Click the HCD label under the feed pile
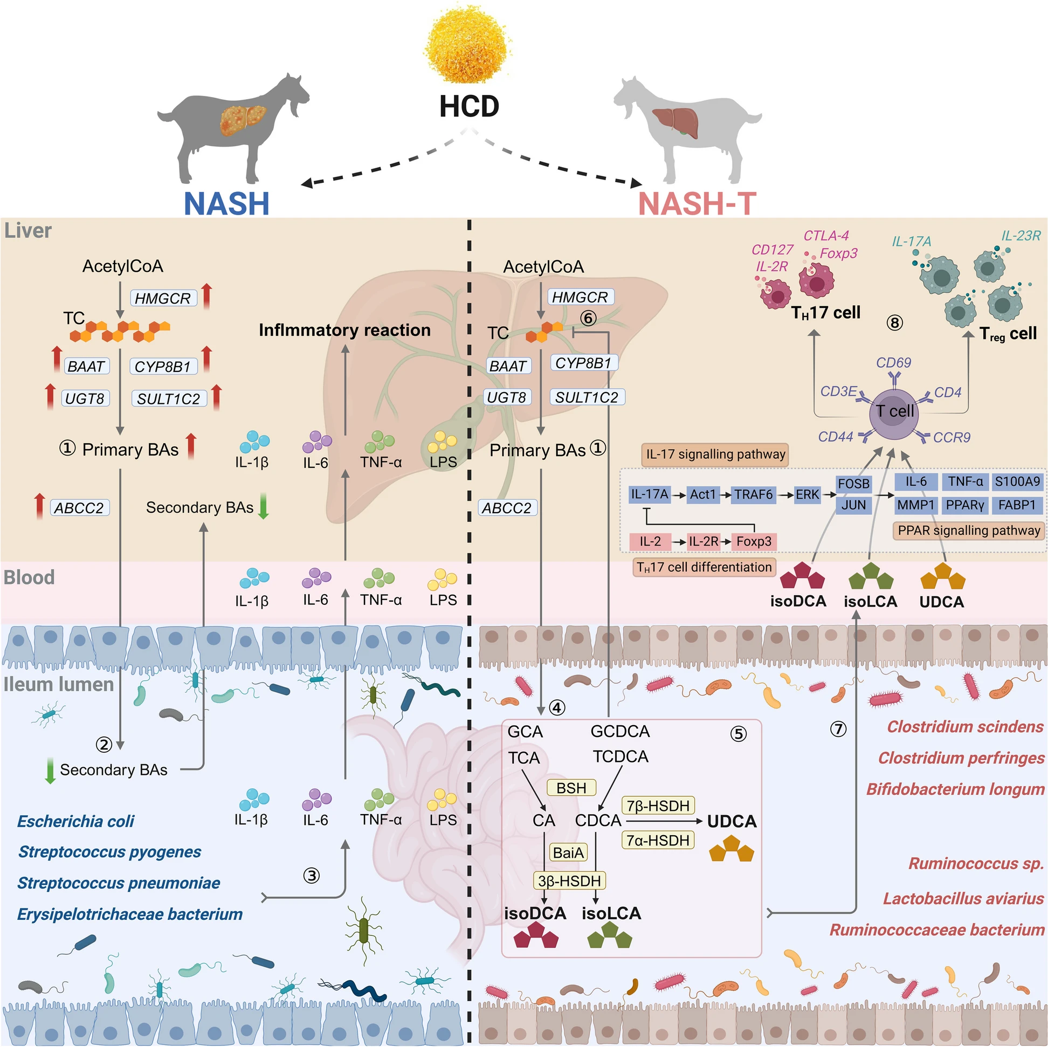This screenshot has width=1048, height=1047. tap(468, 106)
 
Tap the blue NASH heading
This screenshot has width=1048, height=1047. tap(226, 203)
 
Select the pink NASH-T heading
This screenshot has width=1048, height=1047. tap(697, 203)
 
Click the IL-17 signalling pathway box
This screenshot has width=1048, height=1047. tap(714, 454)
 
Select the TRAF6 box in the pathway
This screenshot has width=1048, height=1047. tap(753, 495)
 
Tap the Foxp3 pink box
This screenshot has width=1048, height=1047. tap(754, 541)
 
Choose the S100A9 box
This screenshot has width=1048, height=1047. tap(1017, 482)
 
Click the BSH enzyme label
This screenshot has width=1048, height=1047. tap(571, 788)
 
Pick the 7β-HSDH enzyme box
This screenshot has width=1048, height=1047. tap(658, 806)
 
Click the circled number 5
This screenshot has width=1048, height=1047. tap(738, 734)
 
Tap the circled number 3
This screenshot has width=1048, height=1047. tap(311, 876)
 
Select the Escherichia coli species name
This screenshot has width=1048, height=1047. tap(75, 821)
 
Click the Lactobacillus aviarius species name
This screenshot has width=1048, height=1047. tap(963, 899)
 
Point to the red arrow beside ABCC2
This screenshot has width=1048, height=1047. tap(39, 507)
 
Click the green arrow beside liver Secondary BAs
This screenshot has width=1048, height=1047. tap(263, 507)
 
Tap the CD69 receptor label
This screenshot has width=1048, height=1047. tap(893, 362)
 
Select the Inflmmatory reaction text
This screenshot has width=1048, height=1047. tap(344, 330)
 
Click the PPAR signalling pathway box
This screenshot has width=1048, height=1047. tap(968, 531)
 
